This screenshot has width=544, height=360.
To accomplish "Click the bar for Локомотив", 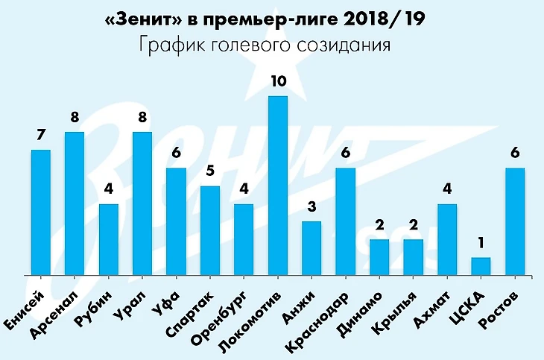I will [277, 185].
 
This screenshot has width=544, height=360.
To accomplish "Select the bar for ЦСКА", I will [481, 266].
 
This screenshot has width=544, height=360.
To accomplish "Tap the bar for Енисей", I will [41, 212].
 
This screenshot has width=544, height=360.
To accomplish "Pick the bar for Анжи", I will [311, 248].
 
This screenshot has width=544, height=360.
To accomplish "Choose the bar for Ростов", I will [515, 221].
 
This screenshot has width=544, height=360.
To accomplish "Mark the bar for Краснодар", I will [346, 221].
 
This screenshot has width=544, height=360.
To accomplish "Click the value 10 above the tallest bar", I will [277, 81].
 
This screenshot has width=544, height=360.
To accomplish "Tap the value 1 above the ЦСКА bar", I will [481, 243].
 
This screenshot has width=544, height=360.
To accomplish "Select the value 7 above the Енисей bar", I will [41, 136].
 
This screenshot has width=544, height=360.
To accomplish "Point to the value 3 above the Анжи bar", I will [311, 207].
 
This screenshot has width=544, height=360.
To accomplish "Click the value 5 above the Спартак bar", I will [210, 171].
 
